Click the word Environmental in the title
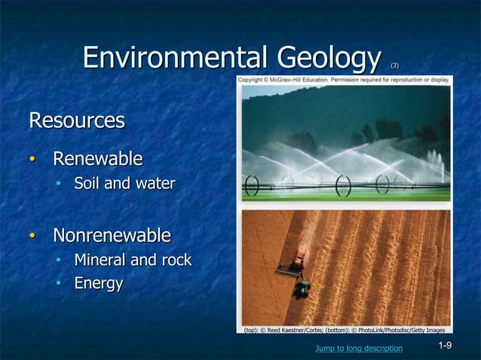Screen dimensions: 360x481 click(176, 57)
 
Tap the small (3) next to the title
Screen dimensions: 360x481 click(394, 66)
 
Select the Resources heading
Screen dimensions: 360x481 click(76, 121)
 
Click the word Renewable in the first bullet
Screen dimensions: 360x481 click(97, 159)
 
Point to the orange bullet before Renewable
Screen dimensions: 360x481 click(32, 160)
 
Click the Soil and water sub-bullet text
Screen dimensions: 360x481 click(124, 183)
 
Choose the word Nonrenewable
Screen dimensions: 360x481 click(112, 236)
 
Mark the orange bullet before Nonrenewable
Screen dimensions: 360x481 click(32, 236)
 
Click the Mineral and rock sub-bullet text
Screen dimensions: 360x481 click(133, 261)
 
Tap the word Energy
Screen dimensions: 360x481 click(98, 283)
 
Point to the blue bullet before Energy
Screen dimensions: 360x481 click(60, 284)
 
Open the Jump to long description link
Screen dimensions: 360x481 click(359, 348)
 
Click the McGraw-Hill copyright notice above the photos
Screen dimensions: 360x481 click(344, 79)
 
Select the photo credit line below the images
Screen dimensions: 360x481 click(344, 330)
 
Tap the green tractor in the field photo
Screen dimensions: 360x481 click(302, 288)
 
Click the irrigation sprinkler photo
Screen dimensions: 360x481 click(345, 143)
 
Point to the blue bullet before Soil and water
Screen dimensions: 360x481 click(60, 184)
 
